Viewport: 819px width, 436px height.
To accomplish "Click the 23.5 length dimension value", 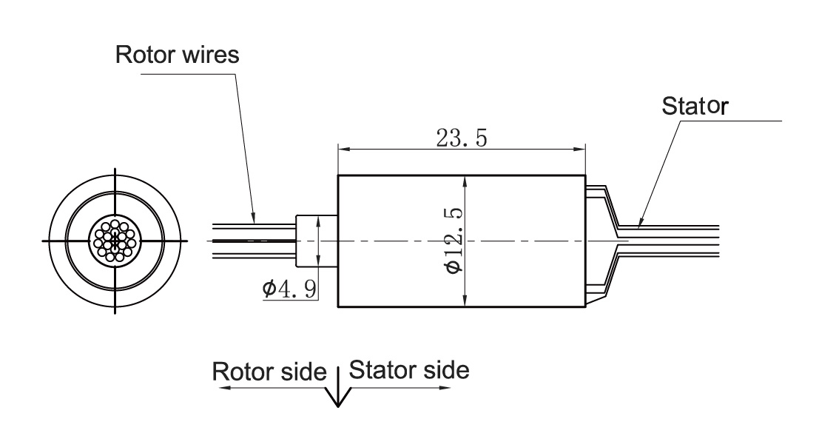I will coord(461,138).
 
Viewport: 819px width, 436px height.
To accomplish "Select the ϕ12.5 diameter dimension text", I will coord(453,241).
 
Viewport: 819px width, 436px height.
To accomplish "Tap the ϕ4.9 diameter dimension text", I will coord(289,288).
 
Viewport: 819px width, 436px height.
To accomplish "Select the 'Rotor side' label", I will coord(269,371).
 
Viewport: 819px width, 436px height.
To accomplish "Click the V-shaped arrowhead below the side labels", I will coord(338,397).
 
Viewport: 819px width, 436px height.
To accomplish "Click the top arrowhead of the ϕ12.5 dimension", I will coord(464,180).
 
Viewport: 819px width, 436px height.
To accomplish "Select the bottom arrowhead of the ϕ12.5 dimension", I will coord(464,302).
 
